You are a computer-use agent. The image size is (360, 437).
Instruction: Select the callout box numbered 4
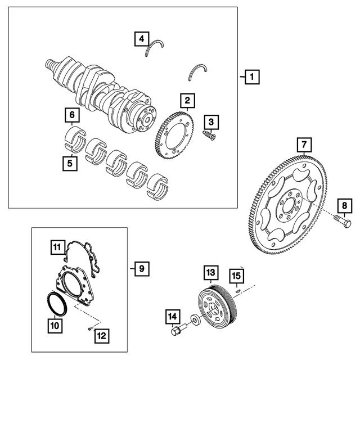141,39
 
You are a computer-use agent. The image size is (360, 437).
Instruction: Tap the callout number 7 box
303,146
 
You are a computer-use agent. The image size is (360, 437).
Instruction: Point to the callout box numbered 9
141,268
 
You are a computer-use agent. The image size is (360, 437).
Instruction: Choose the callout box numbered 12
102,336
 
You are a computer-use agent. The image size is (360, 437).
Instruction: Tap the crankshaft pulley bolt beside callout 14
176,331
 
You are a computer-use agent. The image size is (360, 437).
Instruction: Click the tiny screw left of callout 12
89,328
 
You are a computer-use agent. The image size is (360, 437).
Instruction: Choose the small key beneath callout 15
238,291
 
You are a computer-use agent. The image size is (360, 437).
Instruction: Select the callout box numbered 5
70,164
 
